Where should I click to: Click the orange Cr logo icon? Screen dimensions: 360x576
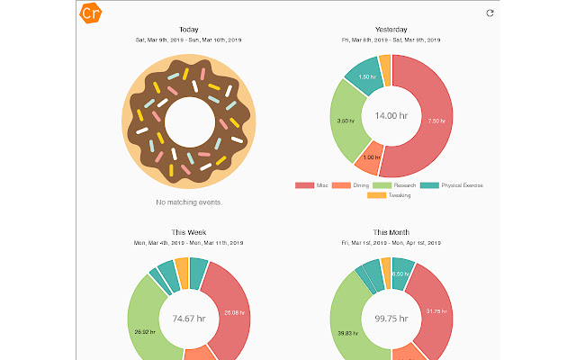90,14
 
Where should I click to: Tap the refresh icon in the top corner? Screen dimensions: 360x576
490,13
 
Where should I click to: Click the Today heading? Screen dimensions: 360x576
189,30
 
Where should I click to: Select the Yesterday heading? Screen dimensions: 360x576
391,30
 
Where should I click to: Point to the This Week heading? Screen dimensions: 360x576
189,231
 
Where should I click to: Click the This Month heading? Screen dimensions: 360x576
391,231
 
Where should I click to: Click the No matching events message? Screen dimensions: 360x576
189,202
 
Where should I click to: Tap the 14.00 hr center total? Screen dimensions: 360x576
391,116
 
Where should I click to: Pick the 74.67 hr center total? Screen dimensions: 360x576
189,318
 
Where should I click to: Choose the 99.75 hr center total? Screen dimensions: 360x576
391,318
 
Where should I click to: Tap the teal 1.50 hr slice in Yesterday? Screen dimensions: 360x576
366,76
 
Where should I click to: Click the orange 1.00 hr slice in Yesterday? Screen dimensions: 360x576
369,158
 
